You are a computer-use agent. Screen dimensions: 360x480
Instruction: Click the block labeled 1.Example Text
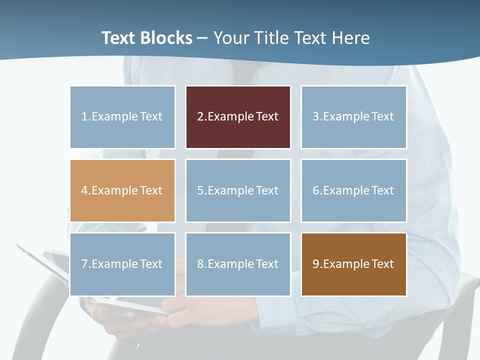[122, 117]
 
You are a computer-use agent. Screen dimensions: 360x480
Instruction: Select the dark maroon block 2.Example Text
[238, 117]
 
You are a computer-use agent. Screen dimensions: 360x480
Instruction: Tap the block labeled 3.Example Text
[353, 117]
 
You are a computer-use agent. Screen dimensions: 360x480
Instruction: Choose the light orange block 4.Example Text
[122, 190]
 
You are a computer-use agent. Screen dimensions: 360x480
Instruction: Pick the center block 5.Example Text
[238, 190]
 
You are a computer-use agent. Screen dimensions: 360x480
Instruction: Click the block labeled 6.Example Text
[353, 190]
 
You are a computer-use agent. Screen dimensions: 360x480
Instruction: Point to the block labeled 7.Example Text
[122, 264]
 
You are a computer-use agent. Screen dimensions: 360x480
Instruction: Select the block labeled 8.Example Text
[238, 264]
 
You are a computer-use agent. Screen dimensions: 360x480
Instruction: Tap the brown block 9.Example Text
[353, 264]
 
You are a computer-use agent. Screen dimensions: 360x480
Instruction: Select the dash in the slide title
[202, 38]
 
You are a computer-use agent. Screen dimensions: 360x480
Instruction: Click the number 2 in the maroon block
[200, 117]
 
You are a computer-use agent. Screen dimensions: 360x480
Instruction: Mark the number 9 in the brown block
[315, 264]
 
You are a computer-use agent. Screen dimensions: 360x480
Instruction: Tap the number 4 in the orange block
[84, 190]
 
